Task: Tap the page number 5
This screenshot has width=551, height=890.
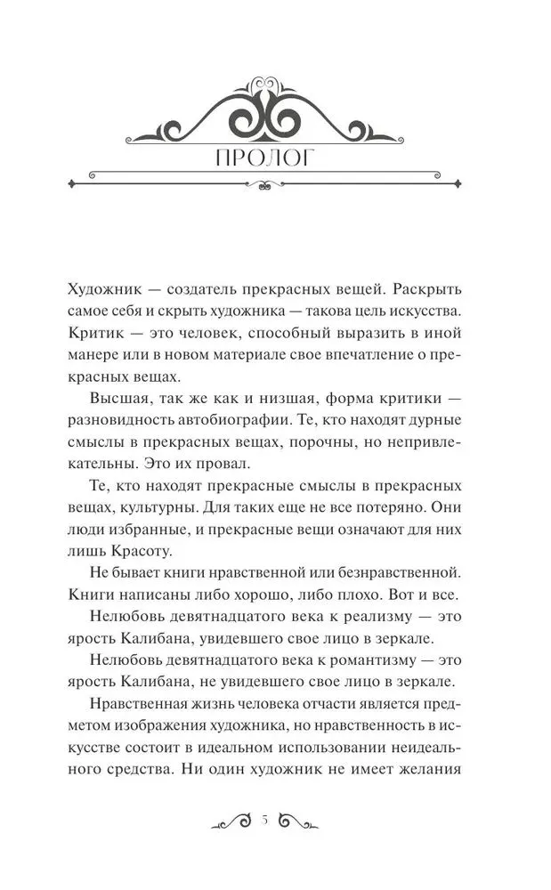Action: [x=265, y=821]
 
